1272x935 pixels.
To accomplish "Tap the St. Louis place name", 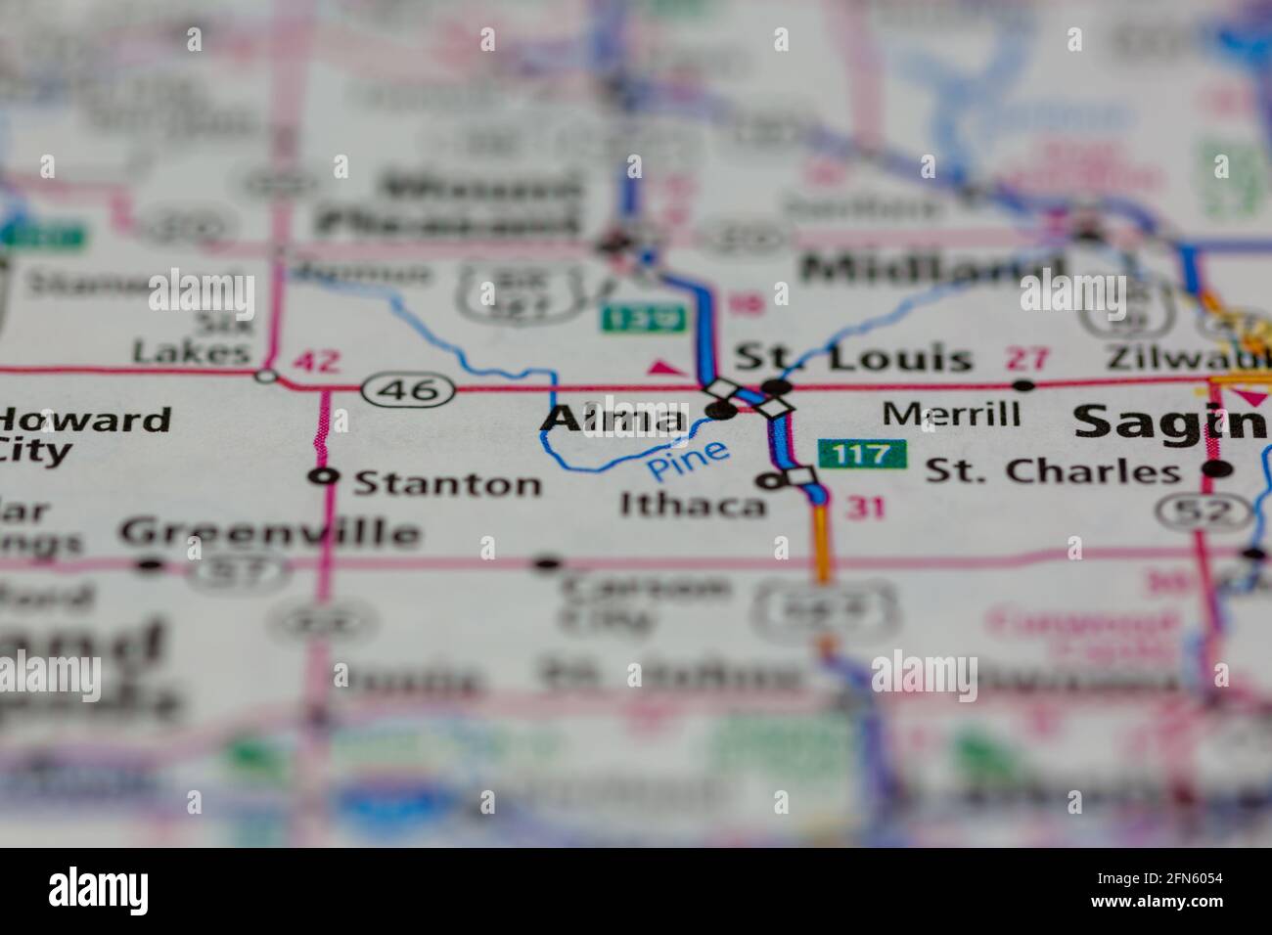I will pos(853,358).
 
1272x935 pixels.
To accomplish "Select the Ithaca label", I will pos(693,505).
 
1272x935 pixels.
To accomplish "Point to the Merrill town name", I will pos(951,414).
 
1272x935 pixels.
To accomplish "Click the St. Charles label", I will pos(1053,471).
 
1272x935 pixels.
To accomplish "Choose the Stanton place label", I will pos(446,483).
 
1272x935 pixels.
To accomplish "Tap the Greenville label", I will pos(269,533).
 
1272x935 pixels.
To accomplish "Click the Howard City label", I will pos(83,434).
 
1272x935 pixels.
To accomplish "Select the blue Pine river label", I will pos(689,460).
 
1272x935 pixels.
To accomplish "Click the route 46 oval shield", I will pos(407,389).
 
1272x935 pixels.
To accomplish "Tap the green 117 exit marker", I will pos(863,454).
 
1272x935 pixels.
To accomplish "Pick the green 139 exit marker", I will pos(627,317).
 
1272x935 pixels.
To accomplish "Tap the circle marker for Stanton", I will pos(323,477).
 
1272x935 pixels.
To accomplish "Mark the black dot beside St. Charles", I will pos(1216,469).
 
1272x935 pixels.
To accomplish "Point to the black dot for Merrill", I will pos(1024,385).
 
